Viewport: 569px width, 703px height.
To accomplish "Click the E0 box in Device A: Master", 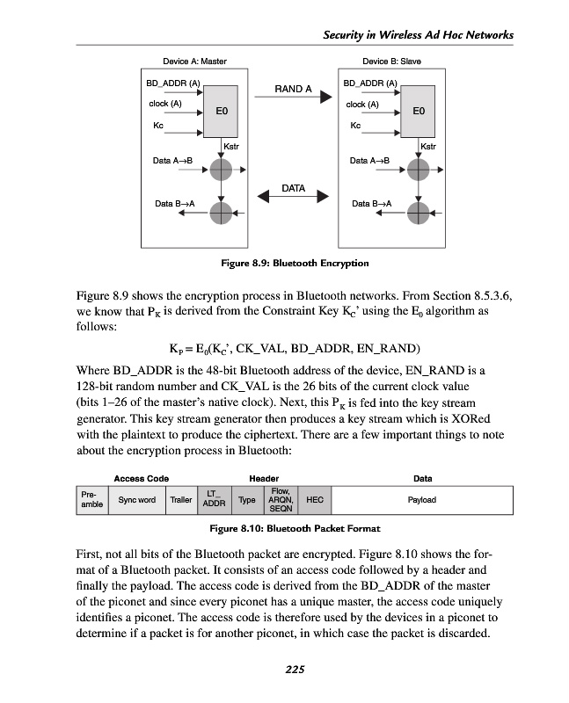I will click(222, 112).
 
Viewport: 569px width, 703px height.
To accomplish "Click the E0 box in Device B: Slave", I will click(419, 112).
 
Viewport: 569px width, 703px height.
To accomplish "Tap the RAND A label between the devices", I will click(294, 90).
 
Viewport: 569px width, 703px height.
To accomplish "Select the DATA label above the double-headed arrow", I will click(294, 188).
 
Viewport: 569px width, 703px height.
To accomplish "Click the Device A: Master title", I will click(194, 62).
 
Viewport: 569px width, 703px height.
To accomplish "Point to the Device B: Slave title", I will click(391, 62).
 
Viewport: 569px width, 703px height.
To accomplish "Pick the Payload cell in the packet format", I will click(422, 500).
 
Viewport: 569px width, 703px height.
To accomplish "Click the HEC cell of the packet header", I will click(314, 500).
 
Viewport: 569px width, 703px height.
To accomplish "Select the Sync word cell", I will click(136, 500).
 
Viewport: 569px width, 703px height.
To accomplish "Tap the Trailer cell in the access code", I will click(181, 500).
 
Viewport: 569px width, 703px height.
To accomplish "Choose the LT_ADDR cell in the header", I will click(215, 500).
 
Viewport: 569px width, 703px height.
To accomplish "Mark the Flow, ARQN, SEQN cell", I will click(281, 500).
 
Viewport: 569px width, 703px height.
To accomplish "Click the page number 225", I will click(295, 670).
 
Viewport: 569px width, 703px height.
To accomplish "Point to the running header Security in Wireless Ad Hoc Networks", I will click(418, 33).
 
